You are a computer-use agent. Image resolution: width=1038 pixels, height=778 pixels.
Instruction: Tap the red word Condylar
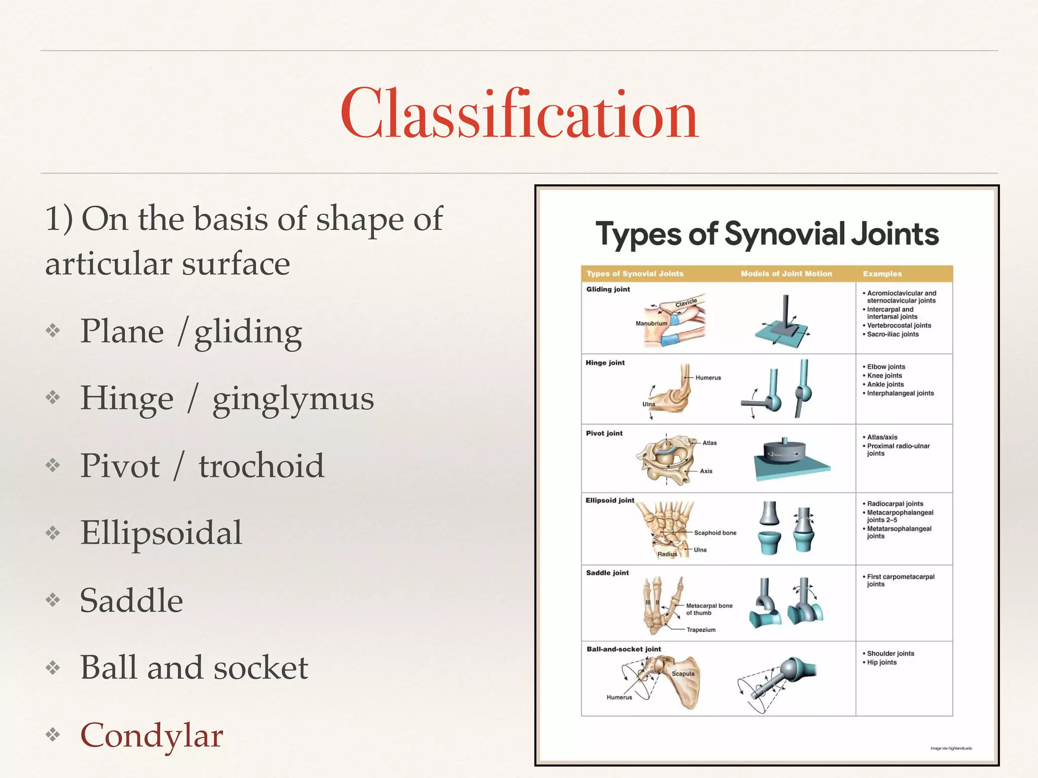(152, 735)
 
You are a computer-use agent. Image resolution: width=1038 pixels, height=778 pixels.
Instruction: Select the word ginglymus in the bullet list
(293, 399)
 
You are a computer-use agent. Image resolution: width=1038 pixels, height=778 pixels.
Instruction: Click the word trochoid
(261, 465)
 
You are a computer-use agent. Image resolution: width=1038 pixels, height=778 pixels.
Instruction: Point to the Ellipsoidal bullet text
(161, 533)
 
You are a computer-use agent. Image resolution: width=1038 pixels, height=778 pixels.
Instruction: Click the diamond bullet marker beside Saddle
(53, 600)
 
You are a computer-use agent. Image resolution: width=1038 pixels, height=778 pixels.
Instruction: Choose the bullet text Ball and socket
(194, 668)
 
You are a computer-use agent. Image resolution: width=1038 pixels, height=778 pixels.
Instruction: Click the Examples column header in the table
(882, 274)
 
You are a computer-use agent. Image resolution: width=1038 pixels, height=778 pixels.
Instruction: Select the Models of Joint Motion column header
(786, 274)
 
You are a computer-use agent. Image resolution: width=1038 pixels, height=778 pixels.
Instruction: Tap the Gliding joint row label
(608, 289)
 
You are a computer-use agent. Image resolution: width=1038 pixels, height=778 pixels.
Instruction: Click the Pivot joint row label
(604, 433)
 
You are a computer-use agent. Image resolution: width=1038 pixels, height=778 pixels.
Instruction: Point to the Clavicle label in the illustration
(686, 303)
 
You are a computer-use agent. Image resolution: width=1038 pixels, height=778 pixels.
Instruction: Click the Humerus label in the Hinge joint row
(708, 378)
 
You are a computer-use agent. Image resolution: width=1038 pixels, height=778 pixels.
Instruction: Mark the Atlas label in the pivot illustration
(710, 443)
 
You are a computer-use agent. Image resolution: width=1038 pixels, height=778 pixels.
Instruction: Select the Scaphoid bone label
(715, 533)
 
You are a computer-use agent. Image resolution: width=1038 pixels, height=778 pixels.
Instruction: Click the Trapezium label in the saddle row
(701, 630)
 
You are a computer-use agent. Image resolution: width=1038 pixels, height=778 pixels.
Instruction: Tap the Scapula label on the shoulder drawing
(683, 674)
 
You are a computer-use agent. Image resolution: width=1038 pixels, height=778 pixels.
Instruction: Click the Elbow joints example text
(886, 367)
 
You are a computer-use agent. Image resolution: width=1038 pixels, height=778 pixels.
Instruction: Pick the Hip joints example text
(882, 663)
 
